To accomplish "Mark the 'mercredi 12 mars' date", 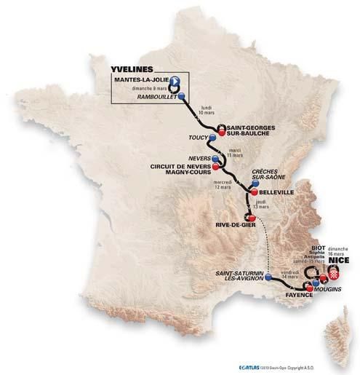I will click(x=224, y=182).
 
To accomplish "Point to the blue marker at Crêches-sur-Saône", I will click(x=255, y=183).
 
